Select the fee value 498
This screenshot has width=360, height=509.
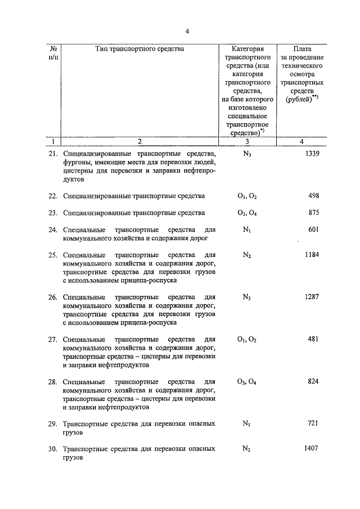[314, 196]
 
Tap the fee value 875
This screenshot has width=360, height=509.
[314, 213]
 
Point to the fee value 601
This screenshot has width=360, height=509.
[314, 229]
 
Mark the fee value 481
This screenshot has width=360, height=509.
[314, 339]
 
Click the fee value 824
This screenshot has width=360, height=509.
[314, 381]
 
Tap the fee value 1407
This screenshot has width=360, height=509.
[312, 448]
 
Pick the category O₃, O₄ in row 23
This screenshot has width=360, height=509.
[246, 213]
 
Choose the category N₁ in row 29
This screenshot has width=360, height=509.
[246, 424]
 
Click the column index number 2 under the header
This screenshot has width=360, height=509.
[140, 142]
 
